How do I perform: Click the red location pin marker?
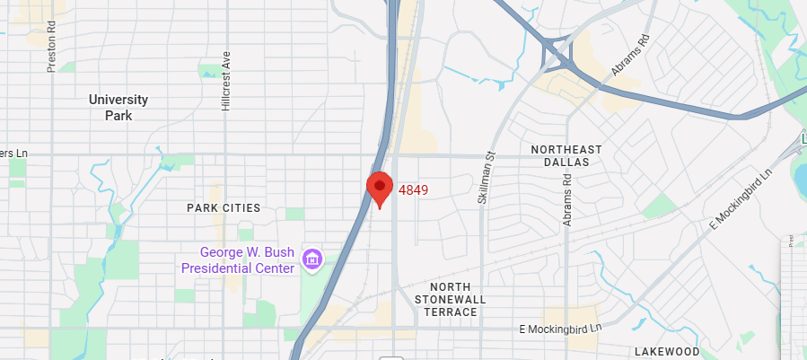tap(380, 188)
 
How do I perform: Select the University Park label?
tap(118, 107)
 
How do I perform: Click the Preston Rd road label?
tap(52, 55)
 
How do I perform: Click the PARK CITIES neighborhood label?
tap(224, 207)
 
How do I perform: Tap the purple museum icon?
tap(312, 259)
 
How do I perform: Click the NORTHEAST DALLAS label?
tap(566, 155)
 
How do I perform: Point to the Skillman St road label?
tap(486, 177)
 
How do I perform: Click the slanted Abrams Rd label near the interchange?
tap(629, 56)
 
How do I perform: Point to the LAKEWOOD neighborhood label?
tap(666, 351)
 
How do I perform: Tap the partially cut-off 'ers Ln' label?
tap(14, 154)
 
